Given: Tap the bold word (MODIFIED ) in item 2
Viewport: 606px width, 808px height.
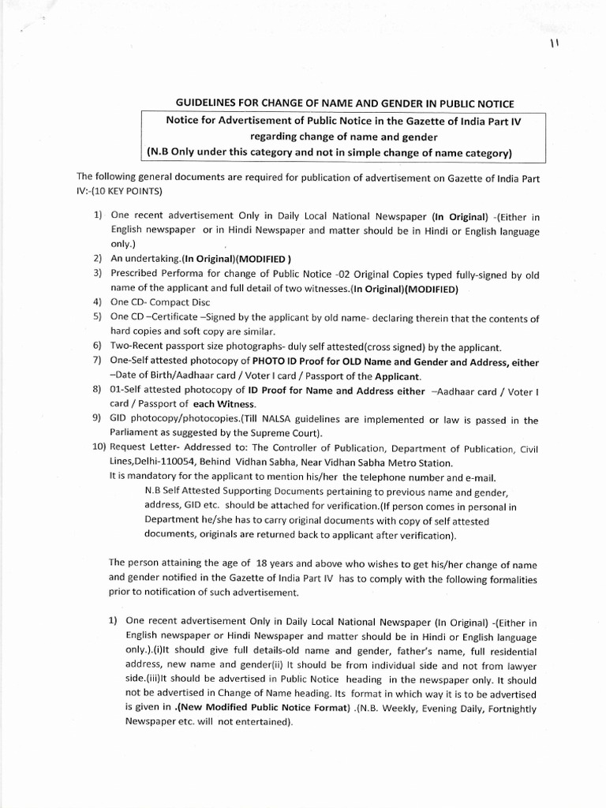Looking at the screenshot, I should tap(258, 259).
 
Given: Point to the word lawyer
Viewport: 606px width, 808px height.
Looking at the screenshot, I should tap(522, 666).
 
